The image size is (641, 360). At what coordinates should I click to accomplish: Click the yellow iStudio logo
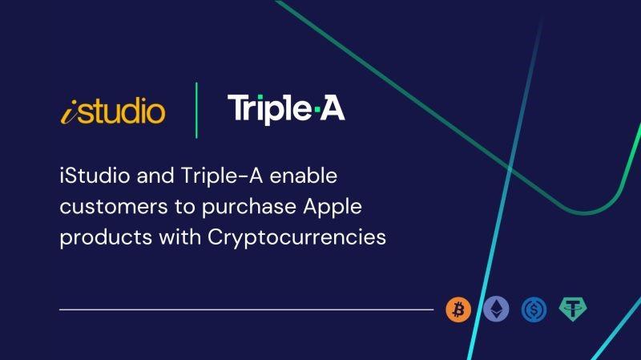[x=113, y=111]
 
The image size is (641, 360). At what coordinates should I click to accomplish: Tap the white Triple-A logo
[x=286, y=109]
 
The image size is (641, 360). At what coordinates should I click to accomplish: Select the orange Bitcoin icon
[x=458, y=309]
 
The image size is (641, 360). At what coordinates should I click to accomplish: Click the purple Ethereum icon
[x=496, y=309]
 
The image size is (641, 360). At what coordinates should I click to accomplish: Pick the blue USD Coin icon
[x=534, y=309]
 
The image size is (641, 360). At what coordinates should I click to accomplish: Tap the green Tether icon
[x=573, y=309]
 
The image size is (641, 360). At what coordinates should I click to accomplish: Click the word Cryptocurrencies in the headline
[x=296, y=237]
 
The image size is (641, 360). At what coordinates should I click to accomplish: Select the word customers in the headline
[x=114, y=207]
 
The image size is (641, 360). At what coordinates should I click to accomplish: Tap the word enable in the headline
[x=304, y=176]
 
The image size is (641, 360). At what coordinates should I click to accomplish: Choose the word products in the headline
[x=106, y=237]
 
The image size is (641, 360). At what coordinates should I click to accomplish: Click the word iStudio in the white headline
[x=95, y=176]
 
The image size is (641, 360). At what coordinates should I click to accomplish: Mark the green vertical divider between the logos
[x=196, y=111]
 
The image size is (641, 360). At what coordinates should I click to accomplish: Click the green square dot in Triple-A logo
[x=316, y=109]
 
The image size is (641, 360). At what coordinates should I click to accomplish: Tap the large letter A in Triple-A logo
[x=333, y=107]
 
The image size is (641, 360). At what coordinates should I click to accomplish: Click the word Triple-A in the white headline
[x=222, y=176]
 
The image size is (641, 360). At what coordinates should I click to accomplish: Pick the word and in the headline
[x=155, y=176]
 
